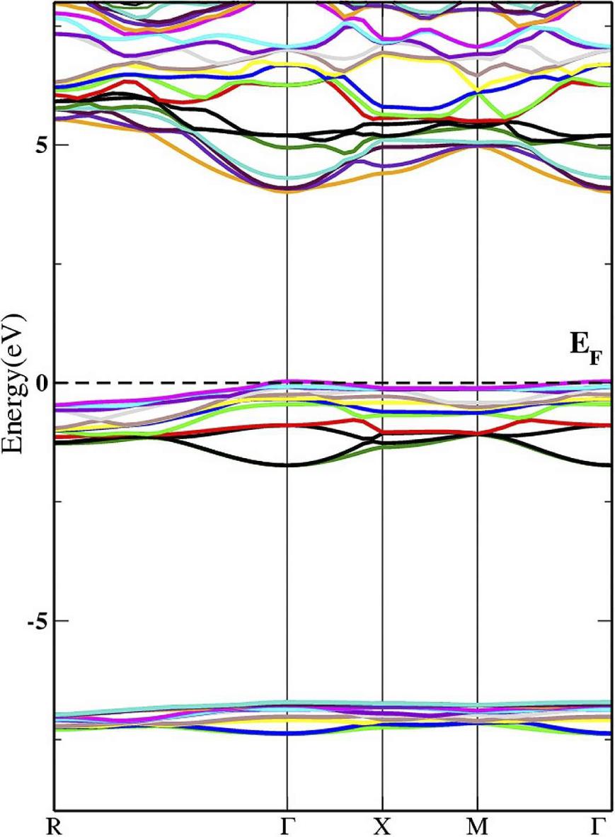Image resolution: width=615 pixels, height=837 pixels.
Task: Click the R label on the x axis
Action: [54, 826]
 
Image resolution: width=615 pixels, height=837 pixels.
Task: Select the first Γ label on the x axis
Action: [286, 826]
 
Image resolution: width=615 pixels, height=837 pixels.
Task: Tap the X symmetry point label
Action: [382, 826]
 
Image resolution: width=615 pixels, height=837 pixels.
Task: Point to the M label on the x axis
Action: [478, 826]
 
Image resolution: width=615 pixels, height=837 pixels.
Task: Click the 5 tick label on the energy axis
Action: [40, 144]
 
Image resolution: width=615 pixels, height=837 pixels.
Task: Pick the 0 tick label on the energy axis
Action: [40, 382]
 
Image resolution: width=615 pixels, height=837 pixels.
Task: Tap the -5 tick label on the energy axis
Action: [37, 620]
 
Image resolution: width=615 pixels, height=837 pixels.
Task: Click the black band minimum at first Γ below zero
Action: [286, 465]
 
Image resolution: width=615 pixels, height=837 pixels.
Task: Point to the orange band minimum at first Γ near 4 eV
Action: [286, 191]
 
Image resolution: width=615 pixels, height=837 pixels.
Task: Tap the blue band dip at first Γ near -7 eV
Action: [286, 733]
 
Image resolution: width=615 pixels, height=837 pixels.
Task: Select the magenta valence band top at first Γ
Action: [286, 381]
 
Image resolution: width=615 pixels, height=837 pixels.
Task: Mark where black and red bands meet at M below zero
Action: [478, 433]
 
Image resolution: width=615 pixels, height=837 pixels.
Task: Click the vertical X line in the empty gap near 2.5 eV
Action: [382, 263]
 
